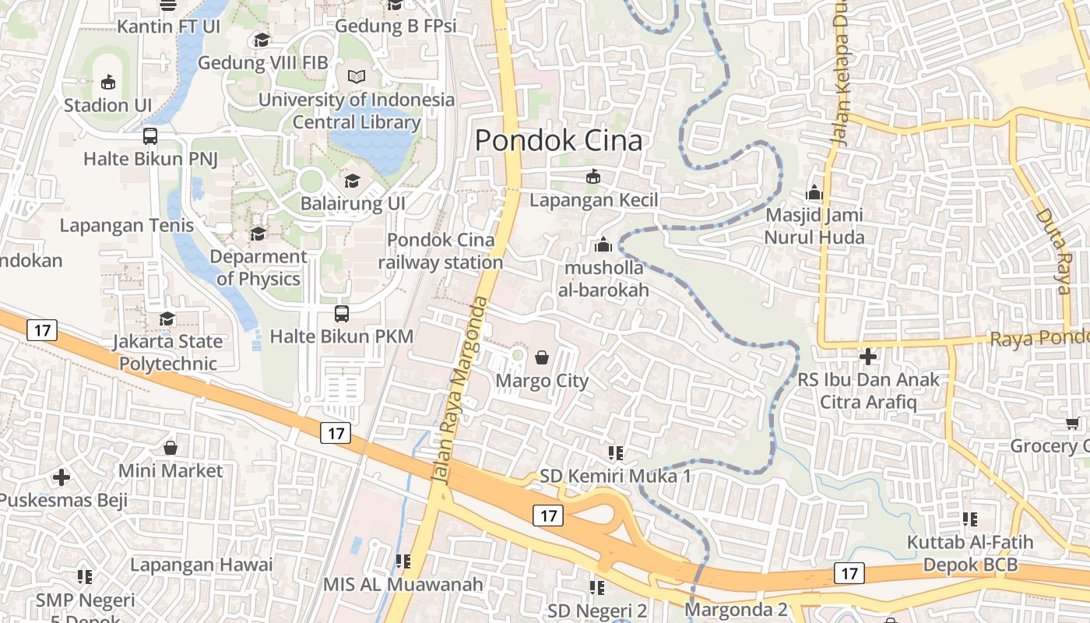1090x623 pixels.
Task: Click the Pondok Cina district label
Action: click(558, 141)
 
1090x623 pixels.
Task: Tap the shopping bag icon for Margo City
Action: click(542, 357)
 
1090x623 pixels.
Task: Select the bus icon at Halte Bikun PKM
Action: click(341, 314)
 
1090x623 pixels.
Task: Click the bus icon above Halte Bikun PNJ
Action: click(150, 136)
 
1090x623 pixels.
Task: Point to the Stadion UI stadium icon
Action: click(107, 82)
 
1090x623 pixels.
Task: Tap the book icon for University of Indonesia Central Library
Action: click(356, 77)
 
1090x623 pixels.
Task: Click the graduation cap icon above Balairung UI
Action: click(353, 181)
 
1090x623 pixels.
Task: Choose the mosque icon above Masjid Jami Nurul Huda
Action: click(814, 192)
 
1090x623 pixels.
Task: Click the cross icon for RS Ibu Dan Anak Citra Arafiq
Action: click(868, 357)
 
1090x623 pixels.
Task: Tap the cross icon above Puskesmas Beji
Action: click(62, 477)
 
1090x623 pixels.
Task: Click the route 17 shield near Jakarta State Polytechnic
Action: click(42, 330)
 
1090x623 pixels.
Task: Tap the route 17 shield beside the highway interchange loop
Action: click(549, 515)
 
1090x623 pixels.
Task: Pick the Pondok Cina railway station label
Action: click(441, 252)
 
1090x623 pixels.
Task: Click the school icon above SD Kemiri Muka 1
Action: click(616, 452)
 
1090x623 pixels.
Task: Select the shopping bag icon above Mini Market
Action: click(171, 448)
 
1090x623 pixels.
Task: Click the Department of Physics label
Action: click(258, 267)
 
